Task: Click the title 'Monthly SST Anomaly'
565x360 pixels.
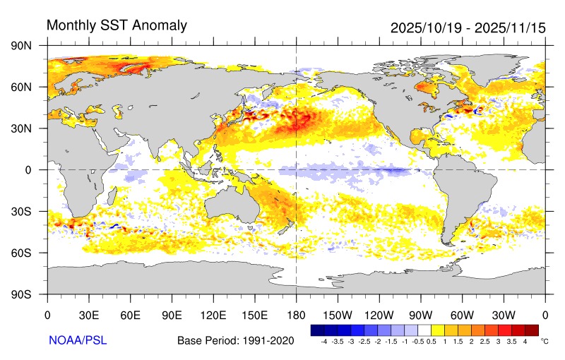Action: point(117,26)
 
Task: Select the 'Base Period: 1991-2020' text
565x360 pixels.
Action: point(235,341)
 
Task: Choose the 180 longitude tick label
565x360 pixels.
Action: point(296,315)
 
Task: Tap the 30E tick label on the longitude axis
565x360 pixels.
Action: point(88,315)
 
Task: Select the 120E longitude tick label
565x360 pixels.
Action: point(213,315)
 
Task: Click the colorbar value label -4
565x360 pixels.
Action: point(323,341)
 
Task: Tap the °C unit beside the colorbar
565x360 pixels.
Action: point(544,341)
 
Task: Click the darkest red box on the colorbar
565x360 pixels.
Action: point(532,330)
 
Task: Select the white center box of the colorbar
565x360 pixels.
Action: point(424,330)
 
